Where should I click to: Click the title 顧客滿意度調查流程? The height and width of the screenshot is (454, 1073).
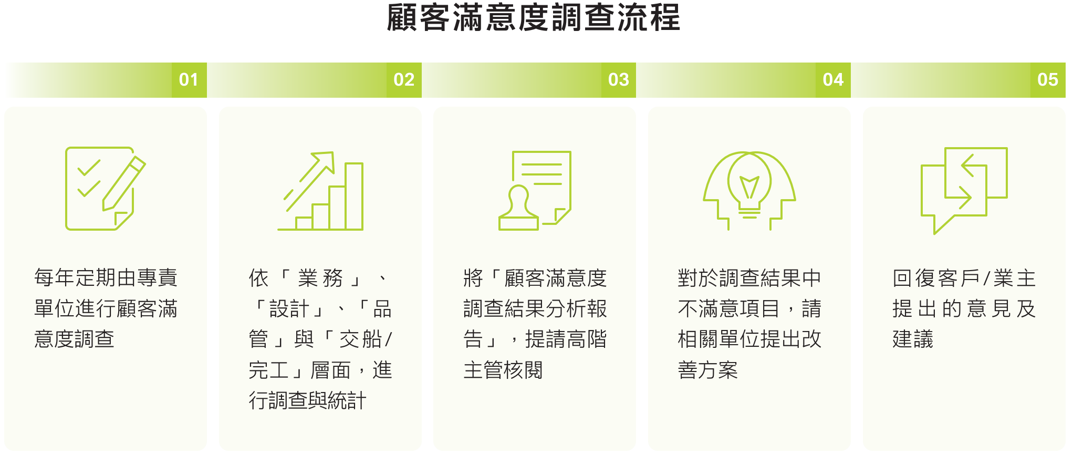533,17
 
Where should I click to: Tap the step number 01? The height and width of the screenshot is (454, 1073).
189,80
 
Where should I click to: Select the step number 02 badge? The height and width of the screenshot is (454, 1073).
404,80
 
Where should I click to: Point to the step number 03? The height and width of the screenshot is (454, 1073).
619,80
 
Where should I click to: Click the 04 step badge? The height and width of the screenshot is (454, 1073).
833,80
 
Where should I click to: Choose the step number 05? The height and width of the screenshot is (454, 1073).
1048,80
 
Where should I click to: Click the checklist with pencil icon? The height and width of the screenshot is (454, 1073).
105,188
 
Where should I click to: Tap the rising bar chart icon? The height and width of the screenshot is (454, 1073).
320,191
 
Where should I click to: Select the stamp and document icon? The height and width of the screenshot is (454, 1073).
535,190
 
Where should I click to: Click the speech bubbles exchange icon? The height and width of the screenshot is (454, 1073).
964,190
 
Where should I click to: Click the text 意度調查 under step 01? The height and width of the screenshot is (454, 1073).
74,339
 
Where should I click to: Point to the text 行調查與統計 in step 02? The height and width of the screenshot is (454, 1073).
307,401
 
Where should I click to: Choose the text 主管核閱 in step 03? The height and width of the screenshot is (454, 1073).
503,370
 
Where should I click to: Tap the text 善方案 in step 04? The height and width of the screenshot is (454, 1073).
708,370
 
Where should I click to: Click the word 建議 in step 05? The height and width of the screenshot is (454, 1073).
913,339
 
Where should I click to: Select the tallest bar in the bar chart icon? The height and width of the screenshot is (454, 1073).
354,197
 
